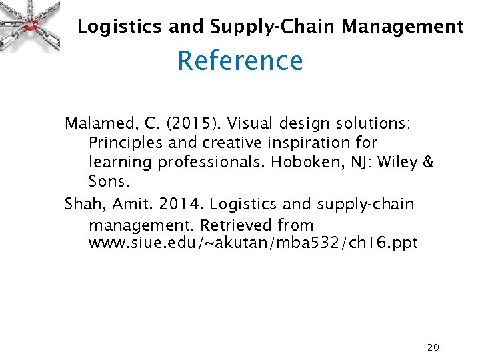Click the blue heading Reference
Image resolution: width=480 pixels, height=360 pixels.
(240, 61)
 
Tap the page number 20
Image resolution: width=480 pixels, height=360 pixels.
(433, 347)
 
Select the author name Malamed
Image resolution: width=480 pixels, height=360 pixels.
(97, 123)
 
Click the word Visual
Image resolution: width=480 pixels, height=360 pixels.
(254, 123)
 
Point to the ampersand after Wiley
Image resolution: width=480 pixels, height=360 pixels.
(429, 162)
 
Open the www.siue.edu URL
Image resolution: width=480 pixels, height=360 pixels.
(253, 243)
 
